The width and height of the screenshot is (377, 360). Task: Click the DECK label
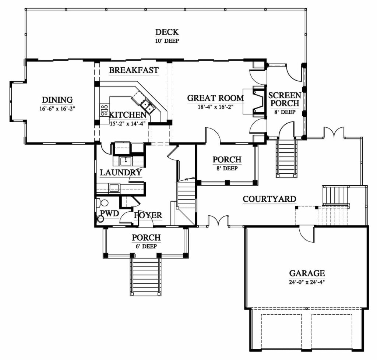(167, 32)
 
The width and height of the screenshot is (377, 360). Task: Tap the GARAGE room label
(307, 273)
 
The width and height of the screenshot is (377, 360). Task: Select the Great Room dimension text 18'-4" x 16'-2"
(215, 107)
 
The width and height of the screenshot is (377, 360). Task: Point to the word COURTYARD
(269, 199)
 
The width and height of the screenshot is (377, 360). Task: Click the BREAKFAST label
(134, 70)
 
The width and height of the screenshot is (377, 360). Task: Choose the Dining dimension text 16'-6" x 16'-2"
(57, 109)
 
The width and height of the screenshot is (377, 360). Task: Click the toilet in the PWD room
(102, 202)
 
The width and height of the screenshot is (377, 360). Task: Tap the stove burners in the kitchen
(104, 110)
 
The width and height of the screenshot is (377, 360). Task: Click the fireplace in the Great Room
(258, 101)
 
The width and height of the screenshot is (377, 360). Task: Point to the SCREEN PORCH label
(285, 99)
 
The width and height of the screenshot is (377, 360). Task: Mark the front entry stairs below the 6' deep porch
(145, 277)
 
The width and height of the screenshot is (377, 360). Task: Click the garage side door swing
(307, 234)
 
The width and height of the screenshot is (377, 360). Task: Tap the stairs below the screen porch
(286, 159)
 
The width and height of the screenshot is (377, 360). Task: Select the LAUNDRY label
(121, 173)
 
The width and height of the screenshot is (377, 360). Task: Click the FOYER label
(148, 215)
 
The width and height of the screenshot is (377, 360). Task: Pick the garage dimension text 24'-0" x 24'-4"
(307, 282)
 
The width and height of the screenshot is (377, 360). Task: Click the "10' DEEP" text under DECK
(167, 41)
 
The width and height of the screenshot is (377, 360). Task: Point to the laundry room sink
(126, 161)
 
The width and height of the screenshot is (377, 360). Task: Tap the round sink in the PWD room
(100, 219)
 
